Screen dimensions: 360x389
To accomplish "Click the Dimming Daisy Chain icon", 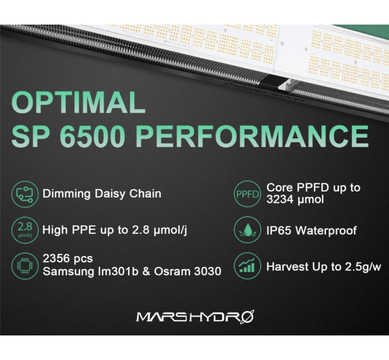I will tap(23, 194).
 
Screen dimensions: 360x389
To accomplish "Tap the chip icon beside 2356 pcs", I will tap(23, 265).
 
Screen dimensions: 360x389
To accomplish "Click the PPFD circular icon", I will tap(247, 194).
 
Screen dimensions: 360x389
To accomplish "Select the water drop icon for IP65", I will tap(247, 231).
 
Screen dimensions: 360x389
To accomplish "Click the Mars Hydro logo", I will tap(194, 316).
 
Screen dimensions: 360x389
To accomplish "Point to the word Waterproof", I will tap(330, 231).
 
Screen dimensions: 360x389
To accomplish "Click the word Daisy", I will tap(110, 194).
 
